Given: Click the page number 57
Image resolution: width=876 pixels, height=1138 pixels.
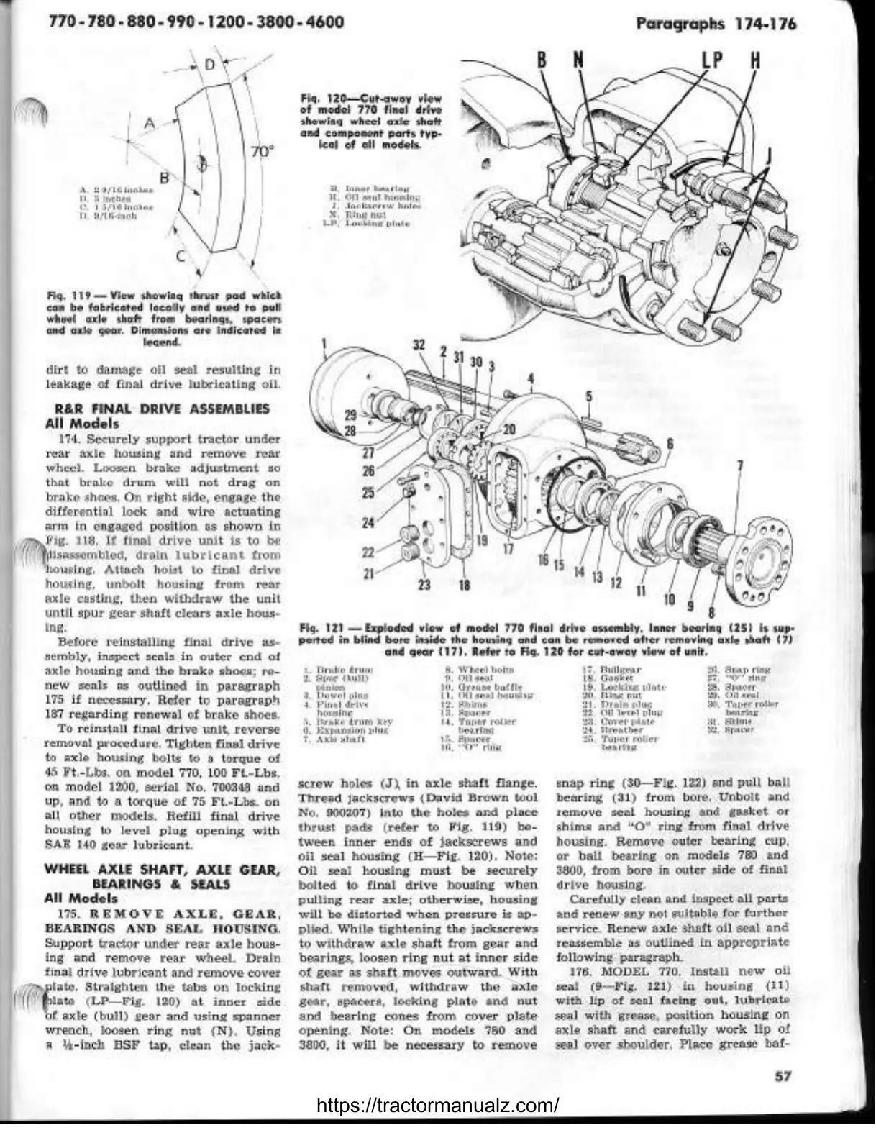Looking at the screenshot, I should (783, 1077).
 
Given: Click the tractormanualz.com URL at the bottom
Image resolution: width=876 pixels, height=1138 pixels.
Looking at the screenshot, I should (437, 1106).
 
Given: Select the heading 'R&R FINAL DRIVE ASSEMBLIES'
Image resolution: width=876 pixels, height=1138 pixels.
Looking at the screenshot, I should (157, 409).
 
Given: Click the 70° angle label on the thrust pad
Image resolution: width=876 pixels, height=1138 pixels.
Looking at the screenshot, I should (264, 152).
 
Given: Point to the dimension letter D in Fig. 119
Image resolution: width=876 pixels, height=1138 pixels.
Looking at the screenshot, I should (209, 65).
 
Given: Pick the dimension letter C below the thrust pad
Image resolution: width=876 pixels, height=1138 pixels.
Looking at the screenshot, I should (181, 255).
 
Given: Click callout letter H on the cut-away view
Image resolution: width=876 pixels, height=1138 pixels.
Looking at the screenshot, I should (755, 61).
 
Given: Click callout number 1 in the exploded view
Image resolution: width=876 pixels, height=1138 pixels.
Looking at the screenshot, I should (325, 353).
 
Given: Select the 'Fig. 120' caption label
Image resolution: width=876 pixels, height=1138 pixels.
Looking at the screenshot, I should (321, 98).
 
